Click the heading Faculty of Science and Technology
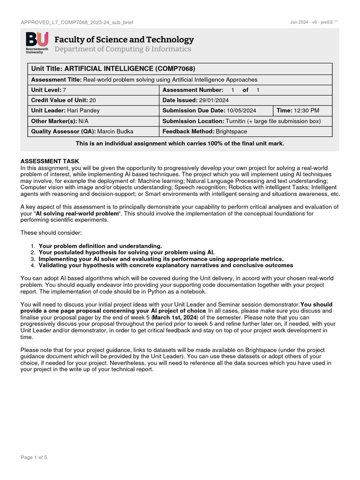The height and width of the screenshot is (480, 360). pos(124,40)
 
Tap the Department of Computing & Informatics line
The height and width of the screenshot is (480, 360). pos(123,49)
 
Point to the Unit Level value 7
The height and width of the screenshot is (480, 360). pos(65,90)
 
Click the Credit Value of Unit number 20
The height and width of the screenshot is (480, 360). pos(93,100)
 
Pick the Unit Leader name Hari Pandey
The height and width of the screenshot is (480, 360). pos(83,111)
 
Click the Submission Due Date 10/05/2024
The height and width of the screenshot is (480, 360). pos(241,111)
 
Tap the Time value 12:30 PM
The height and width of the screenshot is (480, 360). pos(307,111)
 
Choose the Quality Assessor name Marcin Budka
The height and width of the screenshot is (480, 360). pos(115,132)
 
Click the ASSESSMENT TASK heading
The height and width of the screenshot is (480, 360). pos(50,161)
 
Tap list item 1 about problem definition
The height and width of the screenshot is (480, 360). pos(100,246)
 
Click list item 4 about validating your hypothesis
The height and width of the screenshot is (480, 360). pos(165,265)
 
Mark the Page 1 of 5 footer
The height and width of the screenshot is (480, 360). pos(34,457)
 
